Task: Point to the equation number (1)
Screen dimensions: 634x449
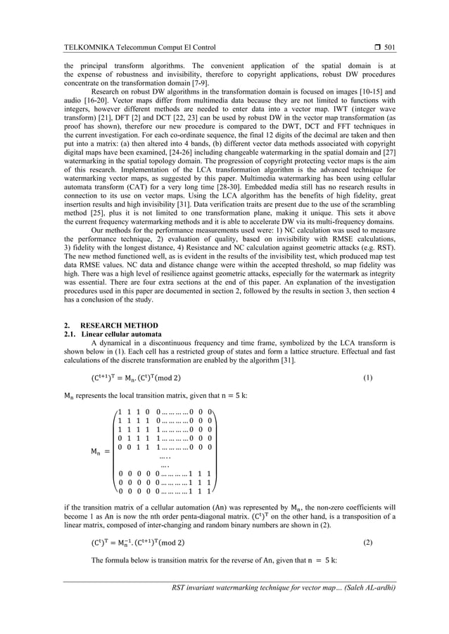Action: tap(367, 378)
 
